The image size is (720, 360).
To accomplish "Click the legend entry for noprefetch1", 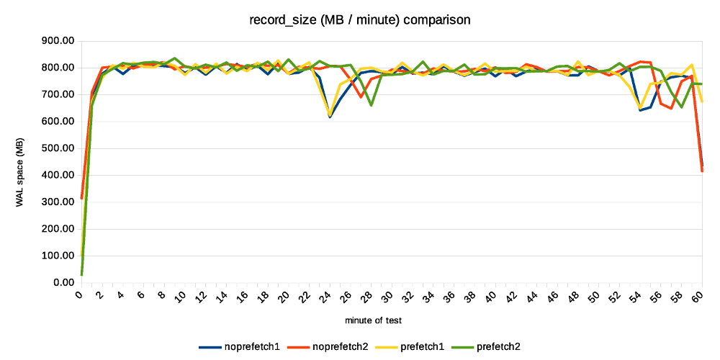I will [x=240, y=347].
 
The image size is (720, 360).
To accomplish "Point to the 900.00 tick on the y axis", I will [x=57, y=41].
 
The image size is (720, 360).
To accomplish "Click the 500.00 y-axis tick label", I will [x=57, y=148].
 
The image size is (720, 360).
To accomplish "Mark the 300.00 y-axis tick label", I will [x=57, y=202].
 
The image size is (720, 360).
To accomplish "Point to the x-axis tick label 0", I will [x=81, y=295].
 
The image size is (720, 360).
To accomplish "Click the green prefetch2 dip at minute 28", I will [x=371, y=105].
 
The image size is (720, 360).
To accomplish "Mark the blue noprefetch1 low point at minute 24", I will [x=330, y=117].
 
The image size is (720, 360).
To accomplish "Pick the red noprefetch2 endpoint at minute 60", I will [x=702, y=171].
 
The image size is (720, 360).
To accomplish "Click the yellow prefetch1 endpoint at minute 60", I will [x=702, y=102].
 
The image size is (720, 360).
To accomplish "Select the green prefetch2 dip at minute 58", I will [x=681, y=108].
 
